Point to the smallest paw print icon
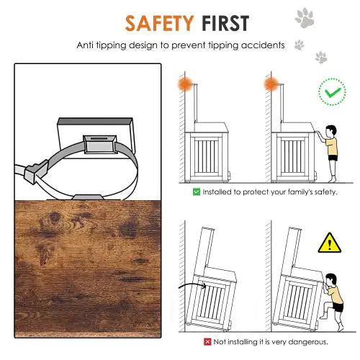[x=300, y=45]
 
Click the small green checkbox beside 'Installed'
[x=196, y=192]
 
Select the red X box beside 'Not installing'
[x=207, y=342]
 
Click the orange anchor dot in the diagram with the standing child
[x=271, y=84]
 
